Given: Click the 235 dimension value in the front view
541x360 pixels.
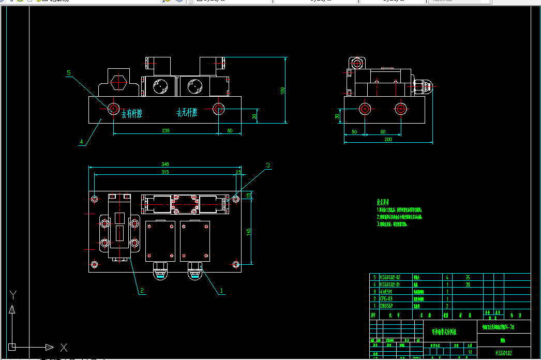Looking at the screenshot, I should point(166,131).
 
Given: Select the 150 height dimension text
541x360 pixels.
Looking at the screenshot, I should point(282,90).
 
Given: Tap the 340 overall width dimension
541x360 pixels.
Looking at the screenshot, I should point(165,164).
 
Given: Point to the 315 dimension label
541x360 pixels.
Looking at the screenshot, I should point(165,172).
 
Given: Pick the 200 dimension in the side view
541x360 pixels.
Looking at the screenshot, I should point(388,140).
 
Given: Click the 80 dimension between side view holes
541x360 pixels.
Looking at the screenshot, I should point(382,131).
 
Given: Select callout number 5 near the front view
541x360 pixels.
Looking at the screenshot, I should point(69,73).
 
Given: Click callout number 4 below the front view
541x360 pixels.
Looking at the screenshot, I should point(81,141).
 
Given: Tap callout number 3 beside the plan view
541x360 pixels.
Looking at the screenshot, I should point(268,166).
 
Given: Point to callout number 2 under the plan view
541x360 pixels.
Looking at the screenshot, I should point(141,291).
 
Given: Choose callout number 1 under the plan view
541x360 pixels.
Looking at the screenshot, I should point(222,291).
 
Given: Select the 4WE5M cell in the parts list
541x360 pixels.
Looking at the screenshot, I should point(387,292).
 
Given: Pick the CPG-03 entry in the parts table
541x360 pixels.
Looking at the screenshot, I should point(387,299).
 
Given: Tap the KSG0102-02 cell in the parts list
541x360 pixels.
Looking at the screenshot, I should point(390,277).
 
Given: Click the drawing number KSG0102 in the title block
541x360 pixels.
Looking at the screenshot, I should point(504,353).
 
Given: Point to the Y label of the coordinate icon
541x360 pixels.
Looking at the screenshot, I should point(13,295).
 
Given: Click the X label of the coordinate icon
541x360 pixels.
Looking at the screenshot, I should point(64,347).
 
